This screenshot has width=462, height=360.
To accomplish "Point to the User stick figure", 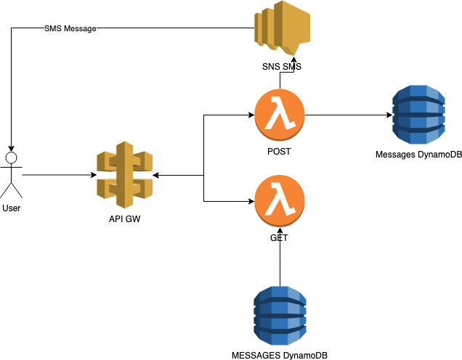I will tap(11, 174).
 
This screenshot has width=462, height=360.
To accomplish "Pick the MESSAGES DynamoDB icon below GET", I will tap(280, 316).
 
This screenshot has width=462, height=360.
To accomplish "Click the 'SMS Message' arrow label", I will tap(69, 29).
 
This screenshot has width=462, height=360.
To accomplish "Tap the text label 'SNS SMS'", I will tap(281, 67).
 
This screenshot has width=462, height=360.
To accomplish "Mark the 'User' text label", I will tap(12, 208).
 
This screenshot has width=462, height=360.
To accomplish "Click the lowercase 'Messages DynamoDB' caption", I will tap(418, 155).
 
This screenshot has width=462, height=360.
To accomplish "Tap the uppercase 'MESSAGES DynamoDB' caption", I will tap(279, 355).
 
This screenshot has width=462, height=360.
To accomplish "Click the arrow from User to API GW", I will tap(58, 175).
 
